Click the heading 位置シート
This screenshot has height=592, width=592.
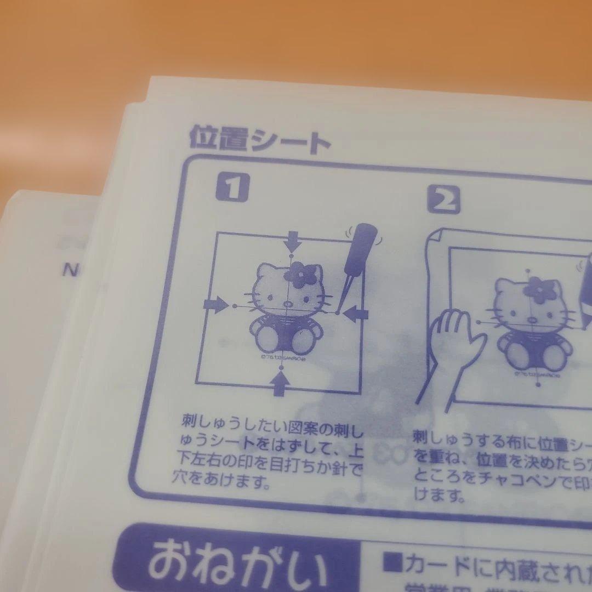coord(259,139)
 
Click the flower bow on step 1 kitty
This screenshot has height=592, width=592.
coord(302,272)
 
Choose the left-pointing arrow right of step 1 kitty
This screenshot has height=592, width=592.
coord(358,314)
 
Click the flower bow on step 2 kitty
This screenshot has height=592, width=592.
coord(539,290)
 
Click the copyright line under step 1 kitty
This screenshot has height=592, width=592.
coord(281,356)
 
